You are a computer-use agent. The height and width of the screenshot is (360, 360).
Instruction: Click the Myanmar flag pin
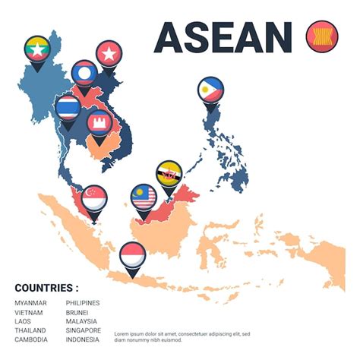pos(36,49)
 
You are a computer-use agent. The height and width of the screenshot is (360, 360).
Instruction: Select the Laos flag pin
pos(84,73)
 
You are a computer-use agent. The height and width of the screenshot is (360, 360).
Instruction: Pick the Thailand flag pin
pos(68,107)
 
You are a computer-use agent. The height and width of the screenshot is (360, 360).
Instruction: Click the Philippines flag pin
pos(210,91)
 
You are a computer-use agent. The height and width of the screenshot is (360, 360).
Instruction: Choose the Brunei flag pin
pos(169,174)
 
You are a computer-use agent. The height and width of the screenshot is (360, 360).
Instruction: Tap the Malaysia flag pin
pos(144,197)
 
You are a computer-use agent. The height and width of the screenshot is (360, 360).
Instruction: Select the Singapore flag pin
pos(94,199)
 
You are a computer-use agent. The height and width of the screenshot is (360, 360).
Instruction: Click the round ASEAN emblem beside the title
pos(320,36)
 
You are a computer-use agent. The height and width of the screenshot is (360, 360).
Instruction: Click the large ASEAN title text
pos(223,36)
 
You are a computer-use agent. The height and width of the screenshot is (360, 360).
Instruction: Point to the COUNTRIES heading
pos(46,288)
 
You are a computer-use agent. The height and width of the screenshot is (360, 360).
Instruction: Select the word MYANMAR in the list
pos(30,303)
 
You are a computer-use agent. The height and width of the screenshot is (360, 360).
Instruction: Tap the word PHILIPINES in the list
pos(83,303)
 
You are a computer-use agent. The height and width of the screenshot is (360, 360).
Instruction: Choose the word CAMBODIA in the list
pos(31,339)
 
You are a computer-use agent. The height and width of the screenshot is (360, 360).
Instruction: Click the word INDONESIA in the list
pos(84,339)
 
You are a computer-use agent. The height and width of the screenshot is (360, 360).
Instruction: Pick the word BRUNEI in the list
pos(77,312)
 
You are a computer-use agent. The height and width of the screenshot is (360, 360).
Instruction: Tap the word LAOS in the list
pos(24,321)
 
